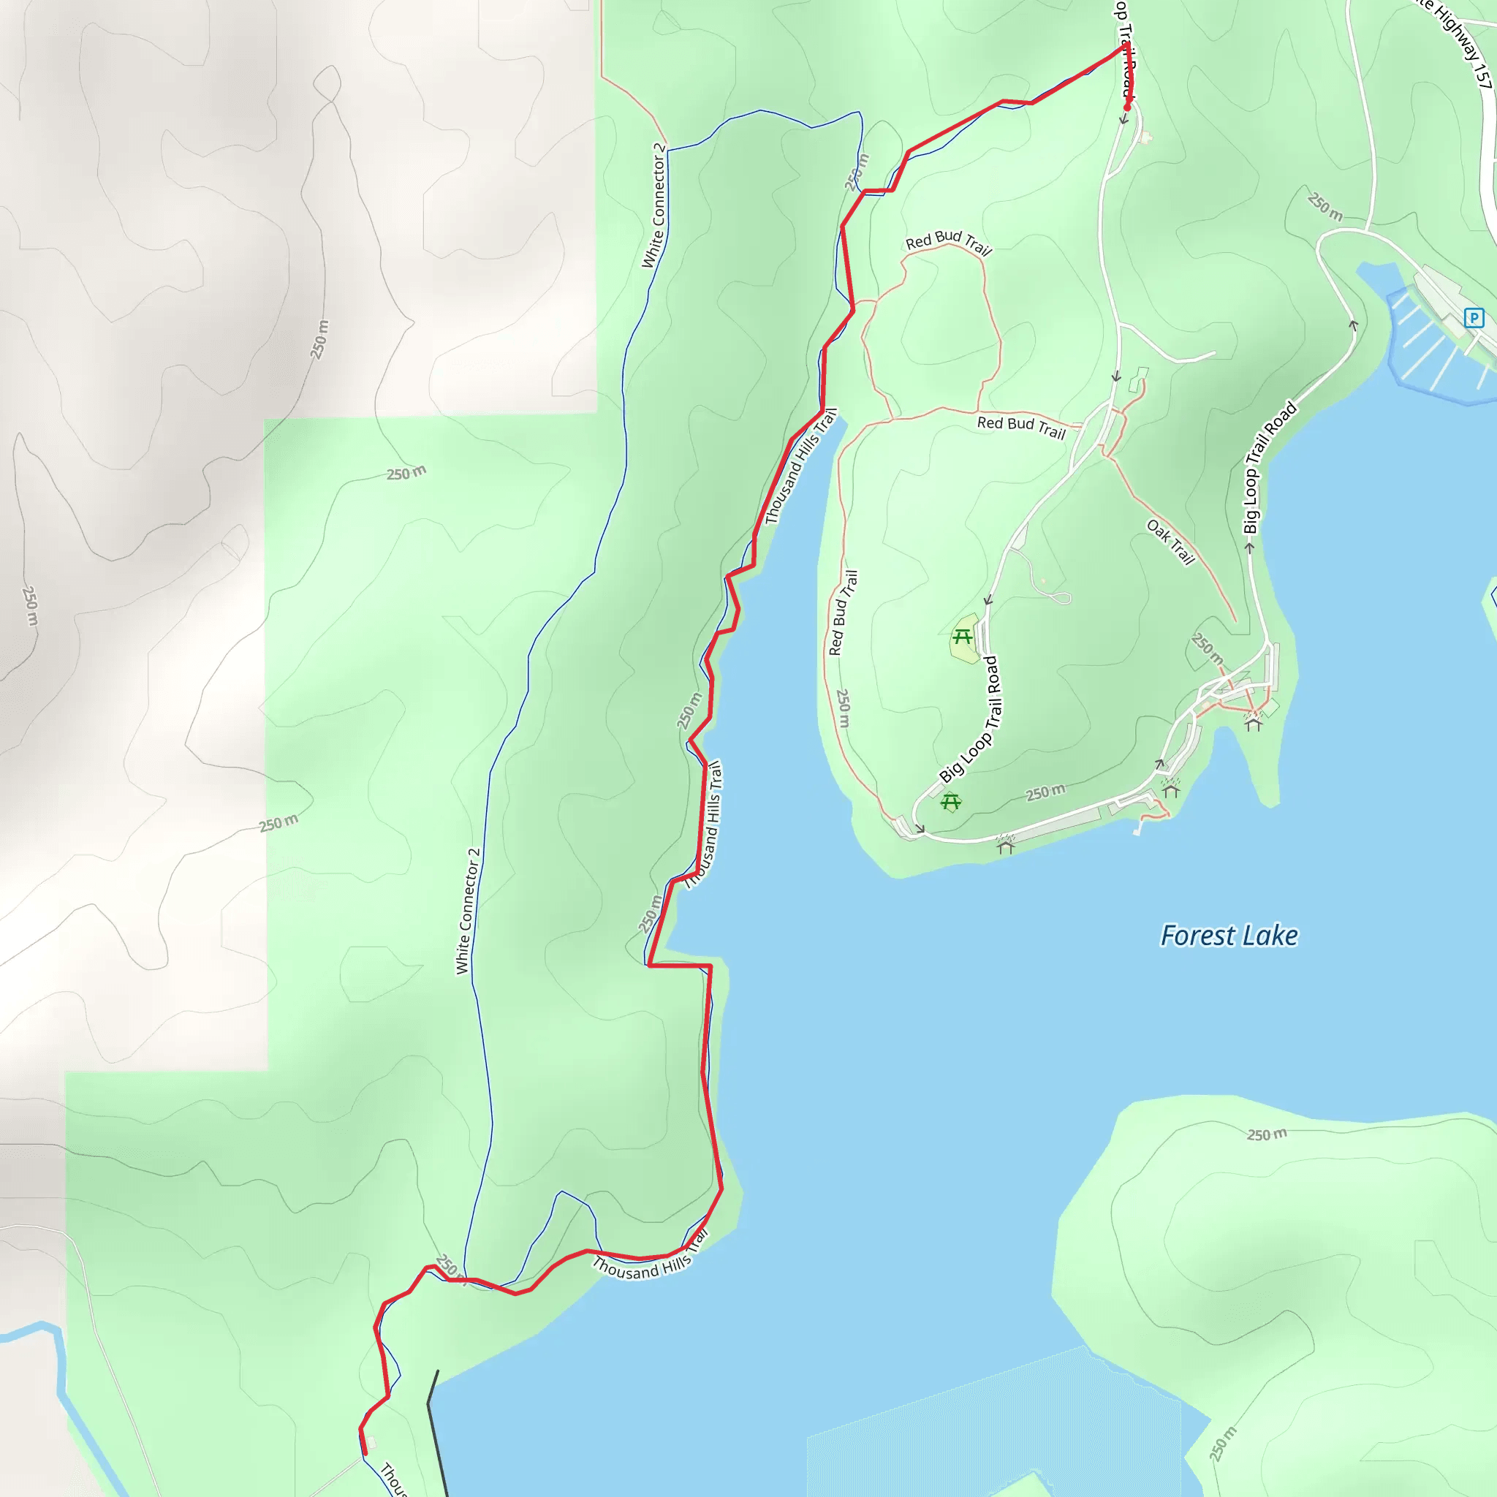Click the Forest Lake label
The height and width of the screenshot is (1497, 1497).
point(1229,936)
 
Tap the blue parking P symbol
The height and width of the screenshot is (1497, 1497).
point(1473,318)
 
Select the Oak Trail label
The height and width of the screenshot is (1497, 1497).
point(1171,542)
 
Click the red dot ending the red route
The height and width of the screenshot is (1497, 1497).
point(1127,107)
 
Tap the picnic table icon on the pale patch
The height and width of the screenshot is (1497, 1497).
point(963,637)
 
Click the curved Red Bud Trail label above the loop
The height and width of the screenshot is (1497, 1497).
point(948,241)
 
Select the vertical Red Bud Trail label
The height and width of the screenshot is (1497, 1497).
point(843,613)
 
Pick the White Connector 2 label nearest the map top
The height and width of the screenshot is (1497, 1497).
point(654,206)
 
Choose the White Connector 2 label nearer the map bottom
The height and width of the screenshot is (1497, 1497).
point(468,912)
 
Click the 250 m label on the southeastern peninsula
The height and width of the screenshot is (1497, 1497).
point(1266,1134)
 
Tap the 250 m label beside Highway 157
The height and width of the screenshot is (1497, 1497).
point(1324,206)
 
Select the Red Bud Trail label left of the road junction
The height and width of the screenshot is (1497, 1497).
point(1021,425)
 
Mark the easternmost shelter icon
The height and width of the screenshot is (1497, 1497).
point(1253,722)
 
